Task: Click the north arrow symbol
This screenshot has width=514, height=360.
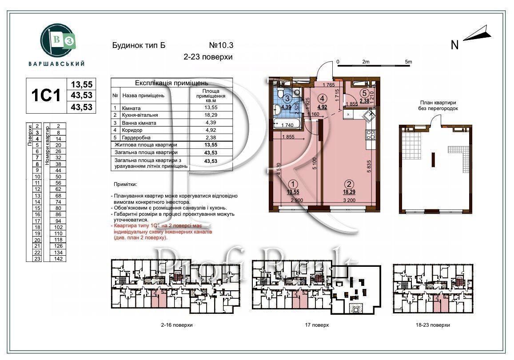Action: [x=477, y=35]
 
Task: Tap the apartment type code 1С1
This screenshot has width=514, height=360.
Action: [x=45, y=95]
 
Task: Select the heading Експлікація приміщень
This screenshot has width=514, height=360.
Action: [x=171, y=83]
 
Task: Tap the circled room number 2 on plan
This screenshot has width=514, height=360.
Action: [x=350, y=184]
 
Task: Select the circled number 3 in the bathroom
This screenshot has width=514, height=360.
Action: [x=288, y=99]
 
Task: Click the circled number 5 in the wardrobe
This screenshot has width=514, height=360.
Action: [x=364, y=93]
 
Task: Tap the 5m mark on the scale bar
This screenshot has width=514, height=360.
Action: [x=408, y=62]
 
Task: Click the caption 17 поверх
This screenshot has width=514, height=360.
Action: [x=317, y=325]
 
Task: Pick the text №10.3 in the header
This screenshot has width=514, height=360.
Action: [x=221, y=45]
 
